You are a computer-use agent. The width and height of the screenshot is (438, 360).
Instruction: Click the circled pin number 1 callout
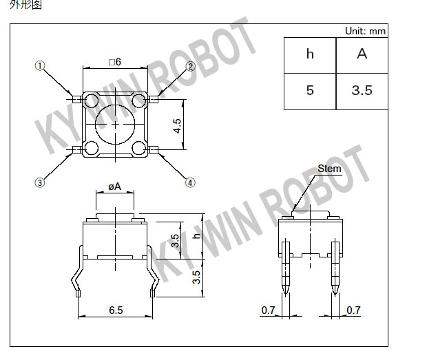40,66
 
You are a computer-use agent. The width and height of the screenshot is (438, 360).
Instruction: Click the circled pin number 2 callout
191,67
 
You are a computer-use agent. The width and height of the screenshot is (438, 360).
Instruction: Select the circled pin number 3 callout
40,182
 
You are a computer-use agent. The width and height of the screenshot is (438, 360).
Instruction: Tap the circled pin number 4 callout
190,183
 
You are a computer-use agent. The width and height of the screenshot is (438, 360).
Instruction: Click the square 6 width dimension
115,62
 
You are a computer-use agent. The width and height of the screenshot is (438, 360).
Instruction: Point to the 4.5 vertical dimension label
177,126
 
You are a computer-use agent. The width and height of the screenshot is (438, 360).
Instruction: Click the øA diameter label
115,187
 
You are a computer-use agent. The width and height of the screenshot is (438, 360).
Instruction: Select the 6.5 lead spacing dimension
116,310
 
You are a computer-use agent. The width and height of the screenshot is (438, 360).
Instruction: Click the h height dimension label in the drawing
197,235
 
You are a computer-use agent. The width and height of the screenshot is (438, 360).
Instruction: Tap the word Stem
329,169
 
